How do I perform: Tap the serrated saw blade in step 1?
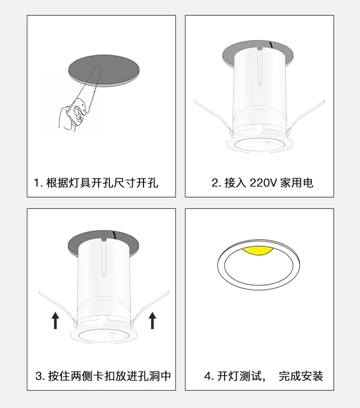click(90, 86)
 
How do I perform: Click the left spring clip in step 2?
click(214, 117)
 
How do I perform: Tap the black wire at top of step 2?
click(271, 45)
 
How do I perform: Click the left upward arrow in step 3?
click(55, 321)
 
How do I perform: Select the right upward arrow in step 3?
click(152, 321)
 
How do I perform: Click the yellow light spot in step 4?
click(257, 251)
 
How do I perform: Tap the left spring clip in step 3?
click(58, 309)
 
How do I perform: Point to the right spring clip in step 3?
click(150, 309)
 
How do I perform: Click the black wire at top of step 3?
click(114, 235)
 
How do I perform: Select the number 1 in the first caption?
click(36, 183)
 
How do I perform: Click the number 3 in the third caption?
click(38, 376)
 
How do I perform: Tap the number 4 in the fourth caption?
click(207, 376)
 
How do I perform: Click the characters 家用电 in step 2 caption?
click(297, 183)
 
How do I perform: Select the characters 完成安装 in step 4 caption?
click(301, 376)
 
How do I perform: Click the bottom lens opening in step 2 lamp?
click(260, 146)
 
